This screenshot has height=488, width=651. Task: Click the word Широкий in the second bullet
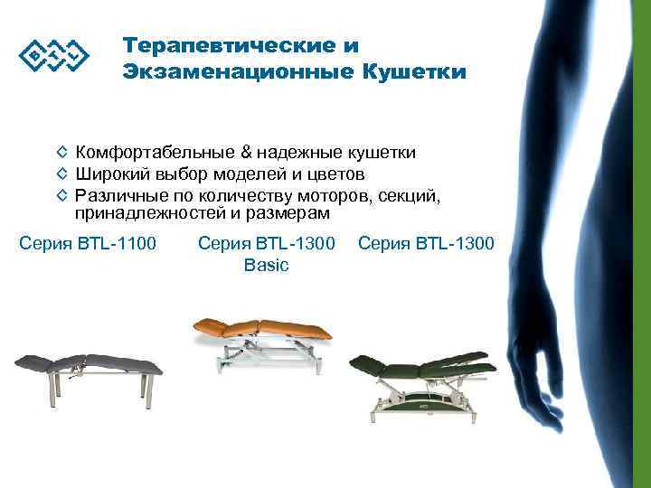pyautogui.click(x=108, y=174)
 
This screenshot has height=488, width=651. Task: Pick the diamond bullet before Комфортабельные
pyautogui.click(x=61, y=154)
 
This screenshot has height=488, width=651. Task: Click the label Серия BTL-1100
pyautogui.click(x=88, y=243)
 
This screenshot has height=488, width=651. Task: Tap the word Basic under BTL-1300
pyautogui.click(x=266, y=265)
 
